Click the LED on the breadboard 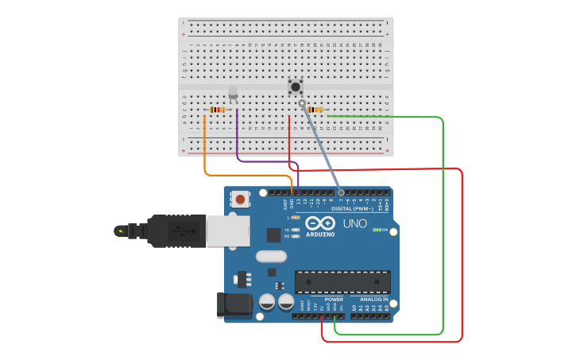233,93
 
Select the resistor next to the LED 216,110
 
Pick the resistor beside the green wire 315,110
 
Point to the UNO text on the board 354,223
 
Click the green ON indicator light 376,230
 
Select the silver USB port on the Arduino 228,231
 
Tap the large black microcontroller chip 342,281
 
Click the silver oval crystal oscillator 271,256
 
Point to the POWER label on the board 323,300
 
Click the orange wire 206,151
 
